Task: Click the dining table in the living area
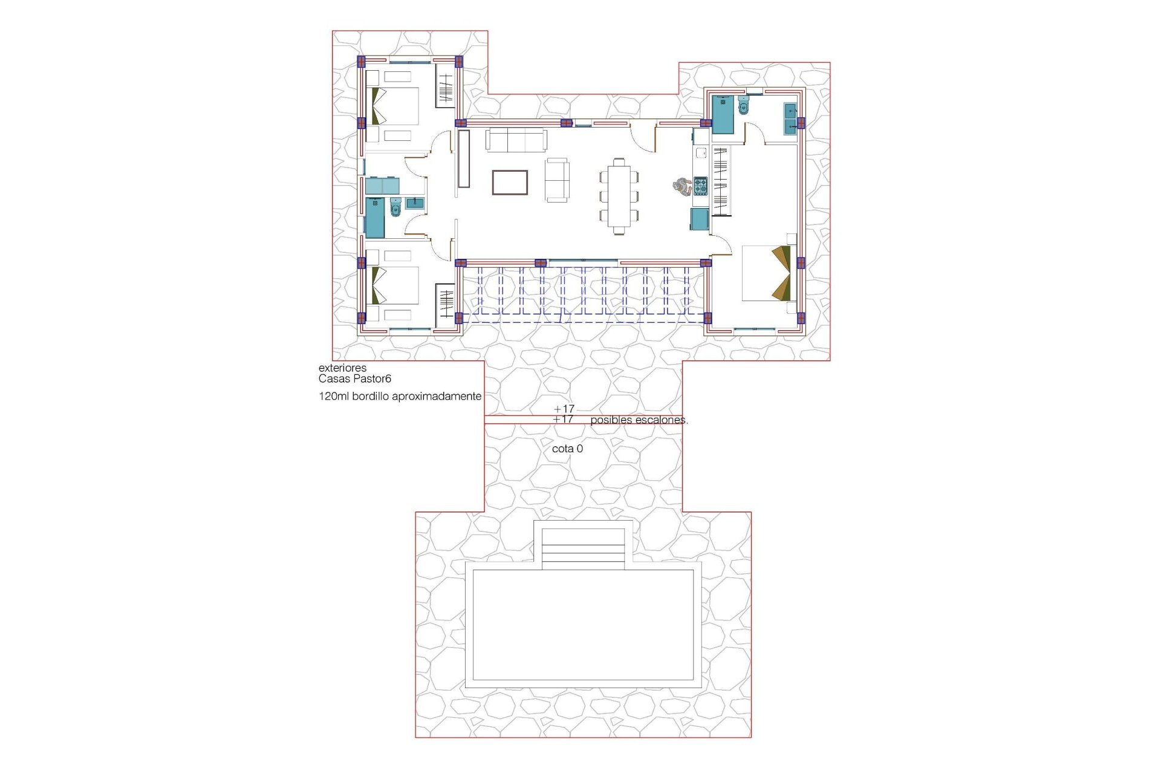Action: coord(619,195)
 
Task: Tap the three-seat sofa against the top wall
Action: coord(516,140)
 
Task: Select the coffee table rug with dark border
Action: coord(510,183)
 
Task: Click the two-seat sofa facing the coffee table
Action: coord(556,180)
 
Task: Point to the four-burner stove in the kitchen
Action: coord(700,186)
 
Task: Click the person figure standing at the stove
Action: coord(682,186)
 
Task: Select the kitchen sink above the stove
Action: coord(701,153)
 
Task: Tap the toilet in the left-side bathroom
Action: coord(396,208)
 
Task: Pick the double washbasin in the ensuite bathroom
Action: coord(790,119)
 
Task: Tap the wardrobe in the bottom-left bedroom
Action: coord(446,305)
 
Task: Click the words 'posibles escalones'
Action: coord(639,420)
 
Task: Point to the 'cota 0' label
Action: coord(567,449)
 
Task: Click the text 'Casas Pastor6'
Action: coord(355,379)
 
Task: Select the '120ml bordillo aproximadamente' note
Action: coord(400,397)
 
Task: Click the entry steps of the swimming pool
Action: coord(583,548)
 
